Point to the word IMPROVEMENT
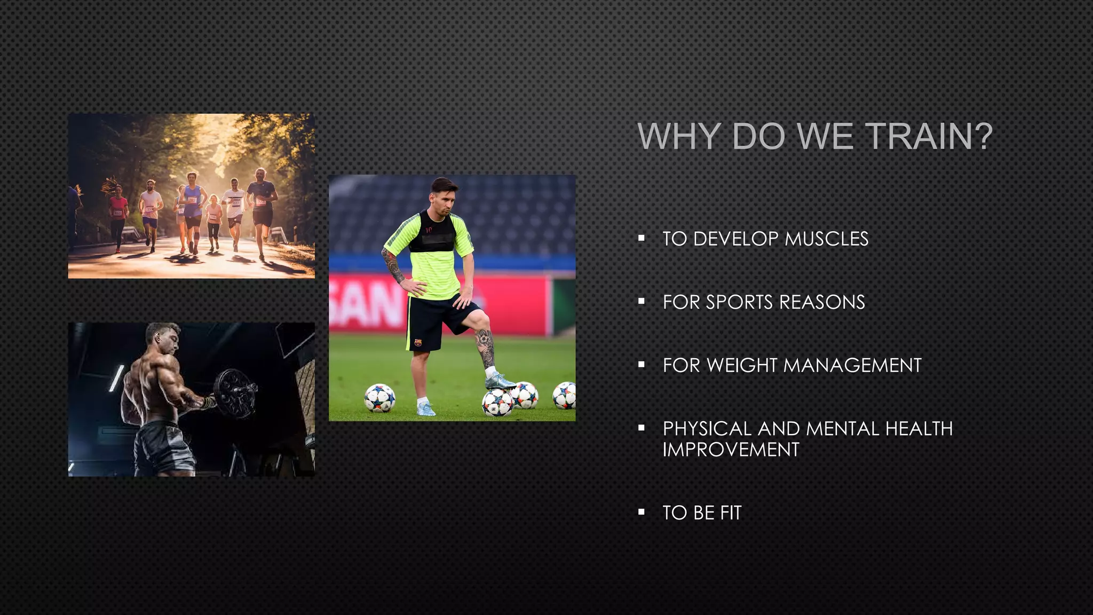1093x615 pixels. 731,450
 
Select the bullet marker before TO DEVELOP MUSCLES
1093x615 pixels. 641,238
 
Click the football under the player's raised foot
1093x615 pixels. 497,403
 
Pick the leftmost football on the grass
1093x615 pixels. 379,398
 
